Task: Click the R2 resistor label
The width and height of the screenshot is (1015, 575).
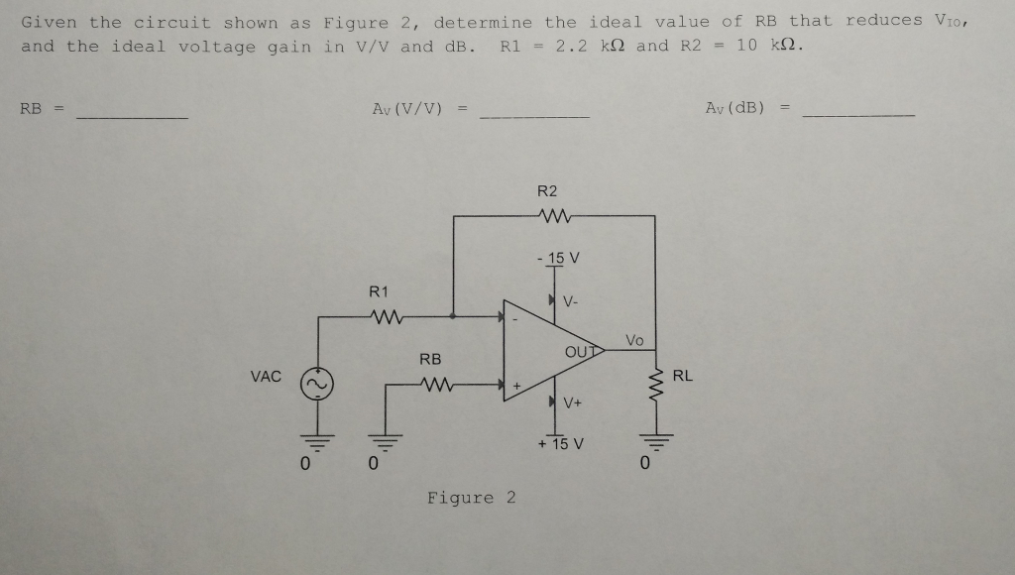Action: pyautogui.click(x=547, y=190)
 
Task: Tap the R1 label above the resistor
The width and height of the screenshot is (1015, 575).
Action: pyautogui.click(x=379, y=291)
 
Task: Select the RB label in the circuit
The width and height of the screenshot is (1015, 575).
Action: pyautogui.click(x=430, y=358)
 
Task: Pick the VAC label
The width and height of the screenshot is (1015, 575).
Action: pyautogui.click(x=266, y=377)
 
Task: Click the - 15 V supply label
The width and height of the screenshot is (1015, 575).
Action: pyautogui.click(x=556, y=258)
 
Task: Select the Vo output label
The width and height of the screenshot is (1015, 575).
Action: pyautogui.click(x=634, y=340)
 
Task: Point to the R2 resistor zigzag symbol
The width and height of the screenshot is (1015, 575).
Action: pyautogui.click(x=548, y=215)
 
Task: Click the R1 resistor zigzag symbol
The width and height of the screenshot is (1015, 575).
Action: pyautogui.click(x=382, y=317)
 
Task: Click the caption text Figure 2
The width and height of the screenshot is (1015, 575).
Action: pyautogui.click(x=472, y=498)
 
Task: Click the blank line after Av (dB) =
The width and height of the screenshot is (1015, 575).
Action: pyautogui.click(x=858, y=118)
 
